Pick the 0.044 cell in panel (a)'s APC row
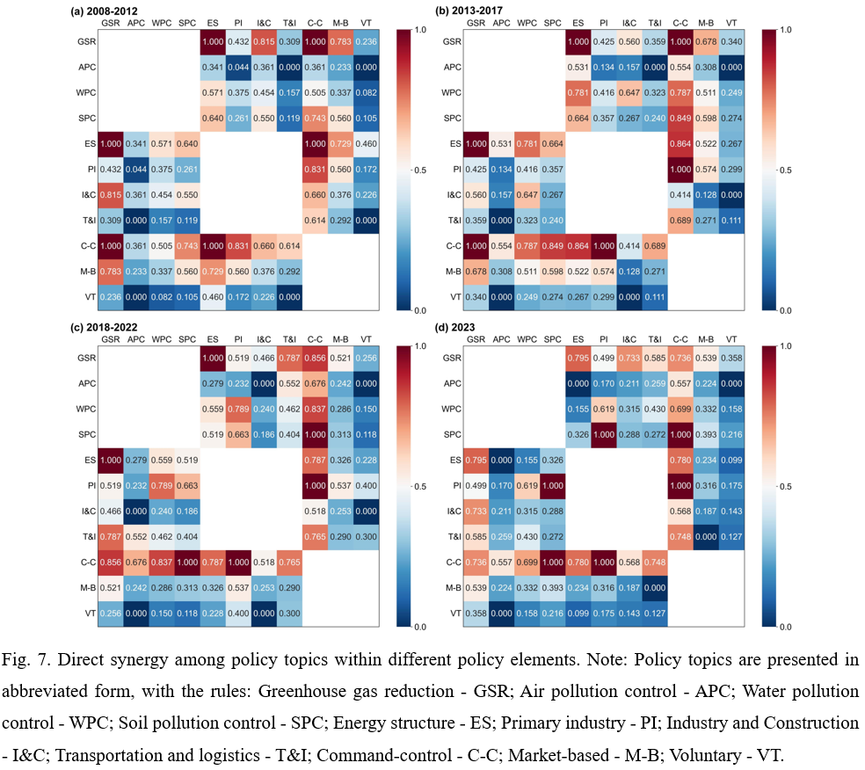[x=238, y=67]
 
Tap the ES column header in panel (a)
[x=212, y=23]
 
